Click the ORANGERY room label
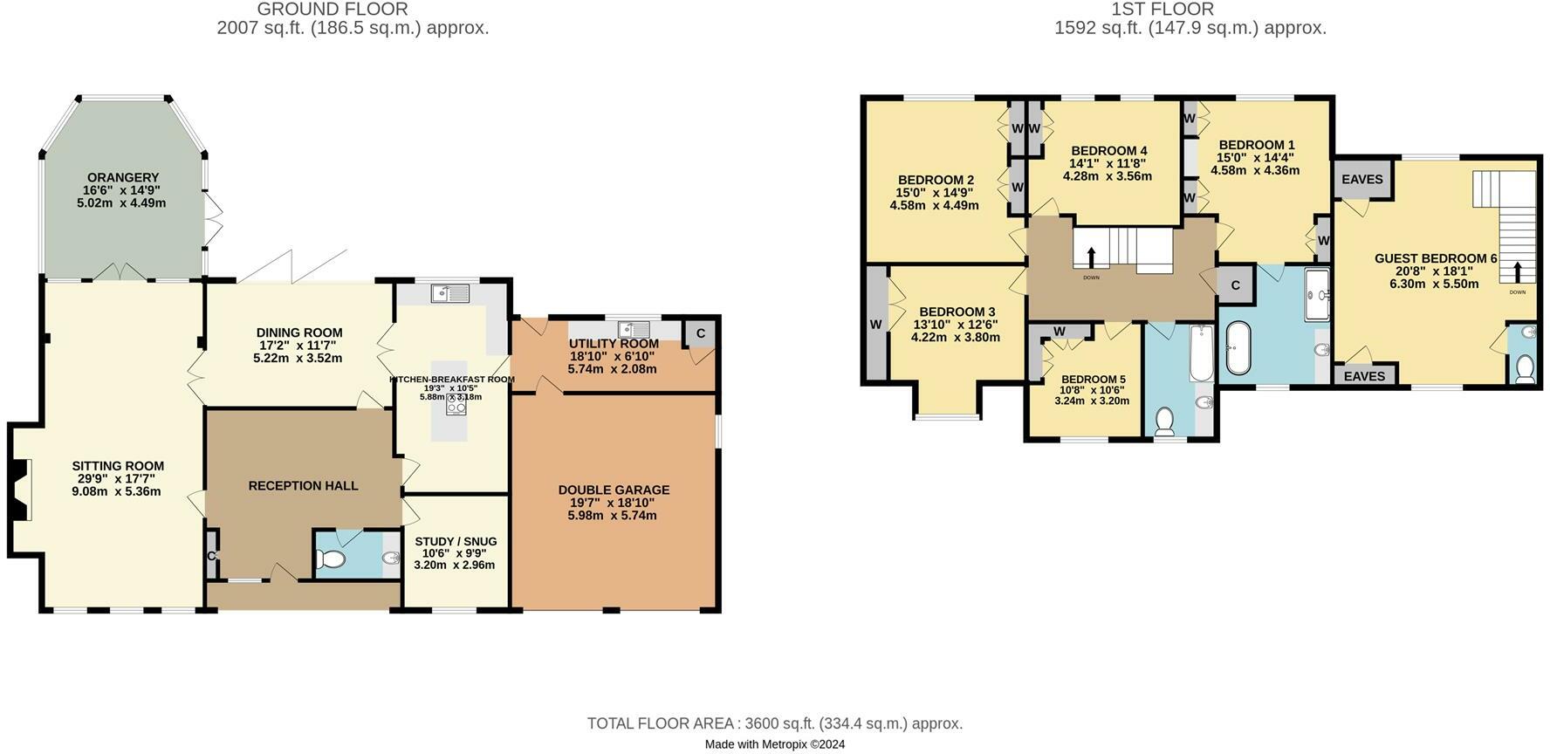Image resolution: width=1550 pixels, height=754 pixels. (122, 178)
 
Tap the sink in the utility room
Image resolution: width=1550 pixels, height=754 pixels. (633, 329)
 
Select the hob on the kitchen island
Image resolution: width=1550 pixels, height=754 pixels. (456, 406)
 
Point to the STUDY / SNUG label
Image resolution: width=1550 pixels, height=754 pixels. (456, 541)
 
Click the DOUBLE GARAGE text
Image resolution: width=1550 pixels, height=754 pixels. (614, 490)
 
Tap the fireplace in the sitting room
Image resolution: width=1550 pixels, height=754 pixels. (24, 490)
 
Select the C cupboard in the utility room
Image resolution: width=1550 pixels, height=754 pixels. (701, 333)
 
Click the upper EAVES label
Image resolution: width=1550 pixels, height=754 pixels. (1361, 179)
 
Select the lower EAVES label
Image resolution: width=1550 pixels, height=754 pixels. (1364, 376)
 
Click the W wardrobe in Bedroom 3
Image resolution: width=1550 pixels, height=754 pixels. (875, 325)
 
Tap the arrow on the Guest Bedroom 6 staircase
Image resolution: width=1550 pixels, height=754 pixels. (1518, 271)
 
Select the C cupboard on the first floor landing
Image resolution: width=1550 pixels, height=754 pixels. (1235, 285)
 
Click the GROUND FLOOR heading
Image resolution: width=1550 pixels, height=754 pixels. (333, 10)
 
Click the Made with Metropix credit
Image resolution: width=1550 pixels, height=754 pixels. (774, 744)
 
